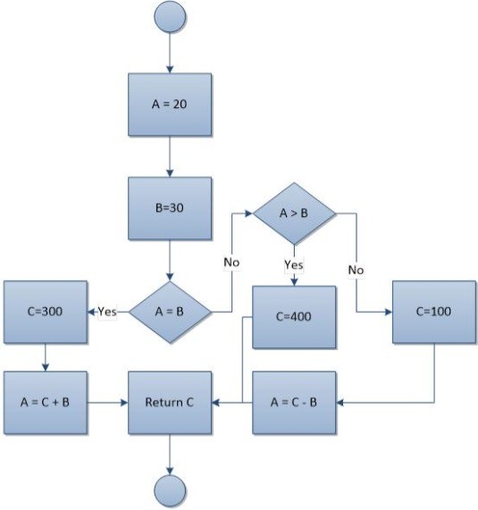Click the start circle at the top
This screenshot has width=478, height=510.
pos(170,18)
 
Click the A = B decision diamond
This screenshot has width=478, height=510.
pos(170,312)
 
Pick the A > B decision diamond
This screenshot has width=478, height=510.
pos(294,214)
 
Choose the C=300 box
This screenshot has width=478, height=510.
pos(46,312)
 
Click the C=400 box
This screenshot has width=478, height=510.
pos(294,317)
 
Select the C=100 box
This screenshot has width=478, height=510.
pos(433,312)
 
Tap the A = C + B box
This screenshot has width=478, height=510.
pos(46,403)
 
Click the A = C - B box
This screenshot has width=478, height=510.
pos(294,403)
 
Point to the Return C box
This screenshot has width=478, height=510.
pos(170,403)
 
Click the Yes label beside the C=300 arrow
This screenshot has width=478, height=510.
pos(107,312)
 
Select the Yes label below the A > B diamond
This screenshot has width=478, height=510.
pos(294,264)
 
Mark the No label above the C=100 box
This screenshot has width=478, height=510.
pos(356,267)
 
